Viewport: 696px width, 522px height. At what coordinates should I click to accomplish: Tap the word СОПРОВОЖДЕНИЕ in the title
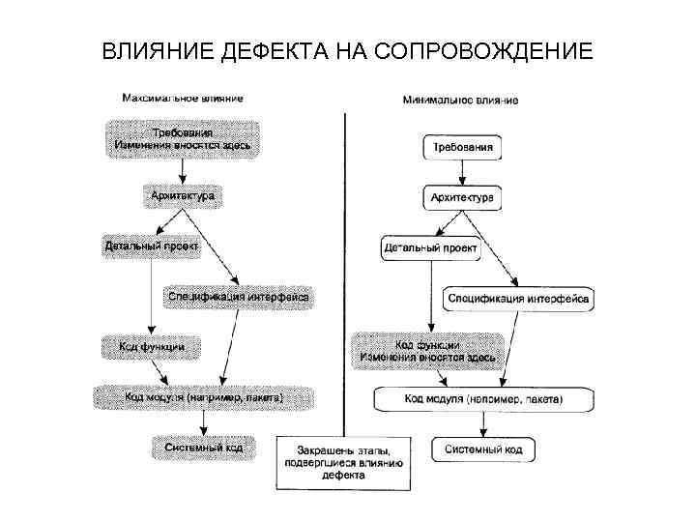(x=482, y=49)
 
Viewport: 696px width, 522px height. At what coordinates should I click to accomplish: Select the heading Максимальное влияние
(x=182, y=98)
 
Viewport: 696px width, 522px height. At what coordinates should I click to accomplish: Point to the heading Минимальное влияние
(x=460, y=100)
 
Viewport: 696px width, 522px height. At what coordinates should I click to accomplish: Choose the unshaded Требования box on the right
(x=462, y=148)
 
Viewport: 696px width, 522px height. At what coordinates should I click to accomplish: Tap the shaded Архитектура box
(x=182, y=195)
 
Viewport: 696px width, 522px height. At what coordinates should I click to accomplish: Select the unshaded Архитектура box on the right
(x=462, y=198)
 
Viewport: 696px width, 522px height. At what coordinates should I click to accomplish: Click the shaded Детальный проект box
(x=152, y=246)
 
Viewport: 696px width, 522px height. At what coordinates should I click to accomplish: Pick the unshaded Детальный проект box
(x=430, y=248)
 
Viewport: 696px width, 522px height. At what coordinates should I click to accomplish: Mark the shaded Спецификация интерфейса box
(x=238, y=296)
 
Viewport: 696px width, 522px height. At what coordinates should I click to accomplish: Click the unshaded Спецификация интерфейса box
(x=518, y=299)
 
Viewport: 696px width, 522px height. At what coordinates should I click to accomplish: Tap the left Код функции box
(x=145, y=345)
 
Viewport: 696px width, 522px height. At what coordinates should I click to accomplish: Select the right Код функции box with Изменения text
(x=427, y=351)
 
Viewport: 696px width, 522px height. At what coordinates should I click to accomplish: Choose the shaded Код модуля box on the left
(x=203, y=396)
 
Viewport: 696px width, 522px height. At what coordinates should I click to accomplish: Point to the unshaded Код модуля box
(x=483, y=398)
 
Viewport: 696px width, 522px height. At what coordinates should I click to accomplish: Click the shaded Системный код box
(x=203, y=447)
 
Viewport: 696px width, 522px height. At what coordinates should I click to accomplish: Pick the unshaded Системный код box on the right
(x=483, y=449)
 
